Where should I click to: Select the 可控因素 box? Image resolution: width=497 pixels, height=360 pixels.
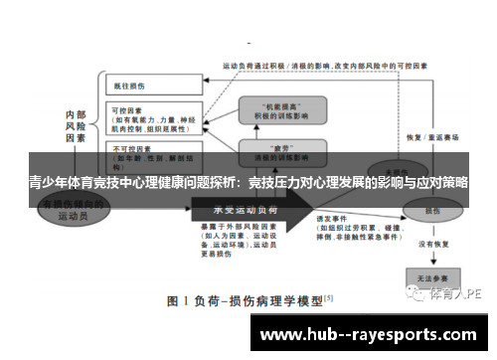(146, 120)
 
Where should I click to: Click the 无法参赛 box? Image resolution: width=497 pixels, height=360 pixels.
(429, 277)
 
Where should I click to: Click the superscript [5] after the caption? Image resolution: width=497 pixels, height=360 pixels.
(328, 295)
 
